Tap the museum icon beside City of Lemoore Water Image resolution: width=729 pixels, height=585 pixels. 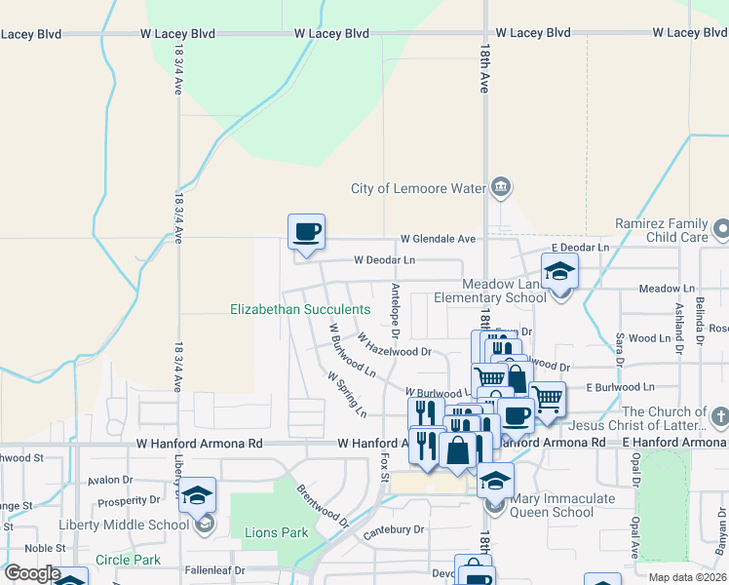click(x=501, y=187)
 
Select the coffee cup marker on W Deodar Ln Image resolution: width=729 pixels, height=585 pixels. click(x=306, y=232)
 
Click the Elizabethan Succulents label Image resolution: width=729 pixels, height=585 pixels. click(x=300, y=309)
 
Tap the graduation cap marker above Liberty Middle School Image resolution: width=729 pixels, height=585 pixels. click(x=198, y=495)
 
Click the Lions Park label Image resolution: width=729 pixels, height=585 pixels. click(x=276, y=532)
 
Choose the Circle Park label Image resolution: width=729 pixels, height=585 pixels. click(x=128, y=561)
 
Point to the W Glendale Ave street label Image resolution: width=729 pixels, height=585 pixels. click(x=438, y=239)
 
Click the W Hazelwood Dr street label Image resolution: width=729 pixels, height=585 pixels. click(x=394, y=345)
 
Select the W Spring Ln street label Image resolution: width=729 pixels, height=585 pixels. click(x=347, y=394)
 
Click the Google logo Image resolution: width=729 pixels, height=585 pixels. click(x=31, y=573)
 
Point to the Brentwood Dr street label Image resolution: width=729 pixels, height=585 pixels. click(x=322, y=505)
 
